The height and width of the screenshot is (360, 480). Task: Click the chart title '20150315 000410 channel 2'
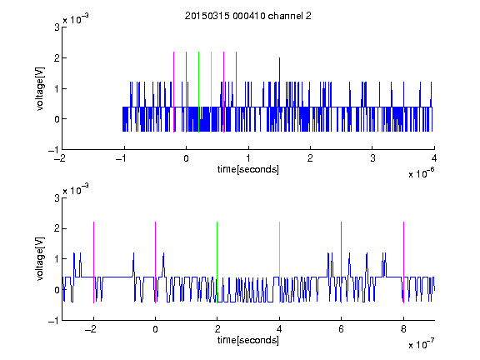click(x=248, y=16)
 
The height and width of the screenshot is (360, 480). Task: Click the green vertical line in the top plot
click(x=198, y=92)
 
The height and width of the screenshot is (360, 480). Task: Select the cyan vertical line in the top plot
click(x=211, y=92)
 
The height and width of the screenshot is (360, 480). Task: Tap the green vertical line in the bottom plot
click(x=217, y=262)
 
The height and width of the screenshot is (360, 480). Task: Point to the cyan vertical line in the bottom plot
click(x=279, y=262)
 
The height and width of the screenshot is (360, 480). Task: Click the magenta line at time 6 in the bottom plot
click(x=342, y=262)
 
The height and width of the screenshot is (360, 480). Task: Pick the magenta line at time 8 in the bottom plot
click(x=404, y=262)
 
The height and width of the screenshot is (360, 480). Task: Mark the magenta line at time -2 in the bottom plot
click(x=93, y=262)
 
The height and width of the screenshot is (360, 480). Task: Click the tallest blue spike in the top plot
click(x=279, y=82)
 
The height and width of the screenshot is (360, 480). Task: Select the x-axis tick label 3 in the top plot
click(x=372, y=158)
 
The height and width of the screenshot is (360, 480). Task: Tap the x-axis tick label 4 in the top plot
click(x=434, y=158)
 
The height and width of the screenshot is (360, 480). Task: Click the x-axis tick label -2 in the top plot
click(x=60, y=158)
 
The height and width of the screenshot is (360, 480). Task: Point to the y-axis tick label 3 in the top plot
click(x=57, y=27)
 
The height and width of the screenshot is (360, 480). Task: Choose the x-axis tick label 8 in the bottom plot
click(x=404, y=329)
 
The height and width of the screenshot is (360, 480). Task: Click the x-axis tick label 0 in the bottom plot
click(x=156, y=329)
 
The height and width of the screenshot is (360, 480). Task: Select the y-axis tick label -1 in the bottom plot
click(x=54, y=321)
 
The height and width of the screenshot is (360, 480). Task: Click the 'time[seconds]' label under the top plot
click(x=248, y=169)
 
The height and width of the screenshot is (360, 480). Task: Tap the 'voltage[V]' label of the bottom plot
click(x=40, y=258)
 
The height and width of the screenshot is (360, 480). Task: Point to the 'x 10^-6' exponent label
click(x=421, y=173)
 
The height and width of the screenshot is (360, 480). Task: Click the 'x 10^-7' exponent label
click(x=421, y=344)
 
